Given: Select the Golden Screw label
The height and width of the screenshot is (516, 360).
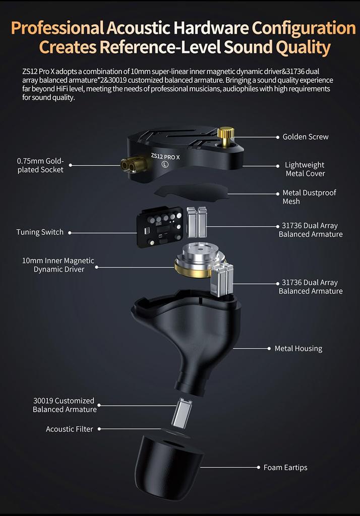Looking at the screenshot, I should [306, 137].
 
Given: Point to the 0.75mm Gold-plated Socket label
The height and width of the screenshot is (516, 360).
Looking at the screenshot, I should [40, 165].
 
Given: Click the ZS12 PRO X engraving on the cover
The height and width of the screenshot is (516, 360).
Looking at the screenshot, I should [165, 157].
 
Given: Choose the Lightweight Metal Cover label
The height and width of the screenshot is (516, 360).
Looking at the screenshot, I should [305, 169].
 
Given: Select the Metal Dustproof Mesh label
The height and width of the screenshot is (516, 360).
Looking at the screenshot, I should [309, 197].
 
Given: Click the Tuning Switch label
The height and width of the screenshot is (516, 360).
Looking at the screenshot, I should [40, 232].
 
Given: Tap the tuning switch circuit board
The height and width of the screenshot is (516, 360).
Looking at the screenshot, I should [159, 227].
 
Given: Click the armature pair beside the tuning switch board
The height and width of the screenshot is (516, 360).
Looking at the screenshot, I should [197, 222].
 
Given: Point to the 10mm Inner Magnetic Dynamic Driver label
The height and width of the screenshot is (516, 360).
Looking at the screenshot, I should [58, 265].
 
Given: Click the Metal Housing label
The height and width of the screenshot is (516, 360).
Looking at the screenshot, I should [298, 348].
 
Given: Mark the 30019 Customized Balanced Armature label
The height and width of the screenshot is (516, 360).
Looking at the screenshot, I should [65, 406].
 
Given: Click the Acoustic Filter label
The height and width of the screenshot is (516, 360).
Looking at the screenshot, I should [70, 429].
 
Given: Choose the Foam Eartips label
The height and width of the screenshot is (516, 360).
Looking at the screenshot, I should [285, 468].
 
